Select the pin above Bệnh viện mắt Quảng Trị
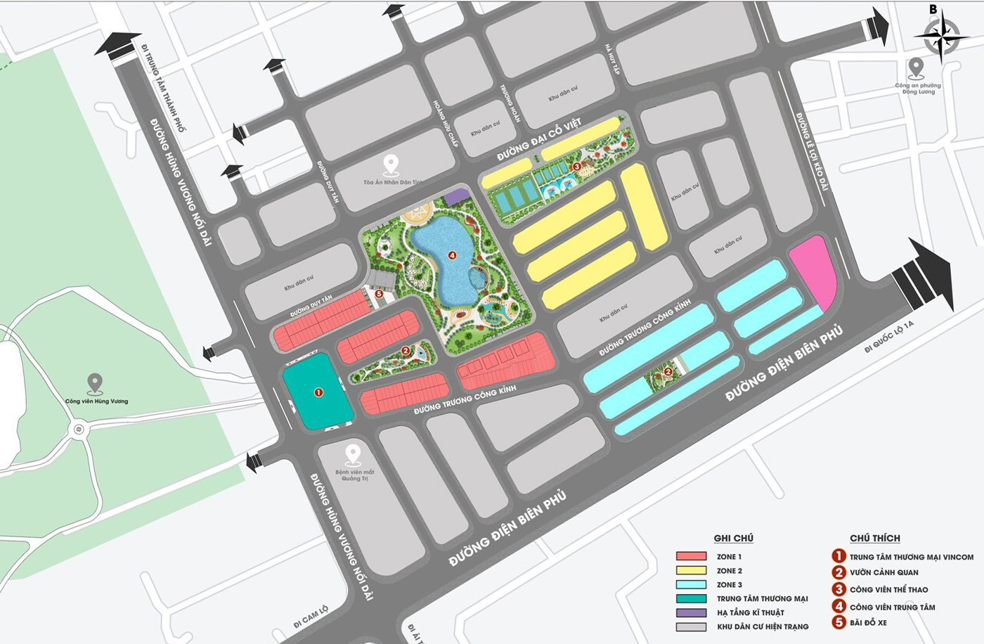click(352, 454)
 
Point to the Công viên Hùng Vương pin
click(94, 384)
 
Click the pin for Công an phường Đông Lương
click(915, 68)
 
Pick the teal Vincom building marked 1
click(318, 392)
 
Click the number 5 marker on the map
click(379, 295)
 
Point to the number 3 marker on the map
click(576, 167)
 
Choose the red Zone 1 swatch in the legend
click(691, 557)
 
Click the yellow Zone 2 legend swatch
click(691, 571)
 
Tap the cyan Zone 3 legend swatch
click(691, 585)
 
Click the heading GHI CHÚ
click(733, 539)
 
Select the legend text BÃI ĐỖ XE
click(868, 623)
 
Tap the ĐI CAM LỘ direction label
click(310, 615)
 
